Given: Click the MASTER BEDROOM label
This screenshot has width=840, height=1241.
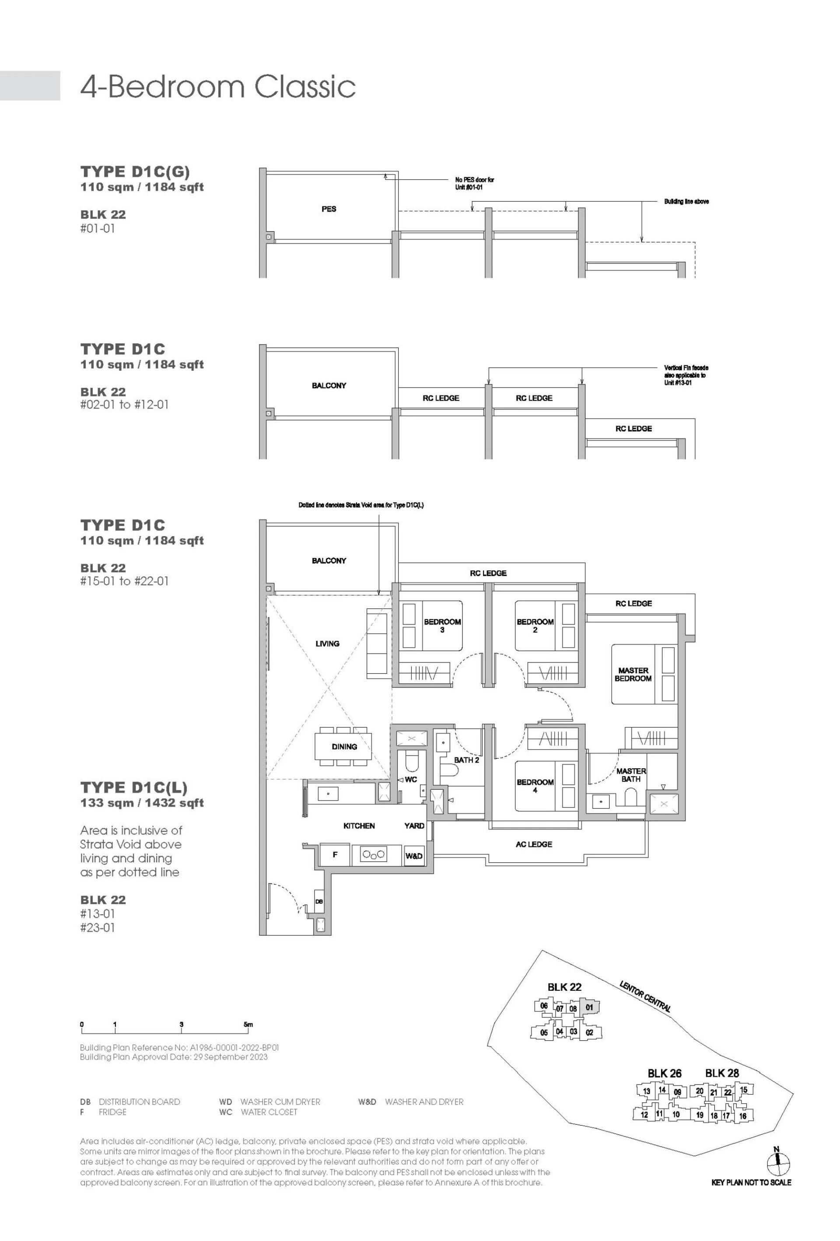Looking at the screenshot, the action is (633, 674).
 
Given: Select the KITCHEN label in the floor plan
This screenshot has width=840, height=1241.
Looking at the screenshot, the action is (359, 826).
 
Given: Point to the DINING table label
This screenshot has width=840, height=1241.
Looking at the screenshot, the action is (344, 746).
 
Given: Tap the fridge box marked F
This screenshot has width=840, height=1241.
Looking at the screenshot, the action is (335, 855).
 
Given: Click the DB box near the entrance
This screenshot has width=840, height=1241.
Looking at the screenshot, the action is (319, 902).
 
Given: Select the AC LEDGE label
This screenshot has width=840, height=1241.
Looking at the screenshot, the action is (534, 844).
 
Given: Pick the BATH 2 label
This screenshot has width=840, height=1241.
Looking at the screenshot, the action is (466, 760).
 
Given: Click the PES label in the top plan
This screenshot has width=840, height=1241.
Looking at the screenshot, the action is (329, 209).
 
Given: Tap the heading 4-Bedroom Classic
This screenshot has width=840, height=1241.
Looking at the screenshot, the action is (218, 87).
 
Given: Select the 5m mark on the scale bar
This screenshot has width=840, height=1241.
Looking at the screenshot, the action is (248, 1024).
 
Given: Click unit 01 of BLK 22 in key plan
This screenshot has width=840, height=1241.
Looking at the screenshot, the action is (589, 1007).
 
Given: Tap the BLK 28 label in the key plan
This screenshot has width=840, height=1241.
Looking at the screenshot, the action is (722, 1073).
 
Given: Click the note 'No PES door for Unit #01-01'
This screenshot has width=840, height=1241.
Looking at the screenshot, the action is (475, 183).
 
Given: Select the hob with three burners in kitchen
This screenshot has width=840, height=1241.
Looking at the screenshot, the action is (374, 855).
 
